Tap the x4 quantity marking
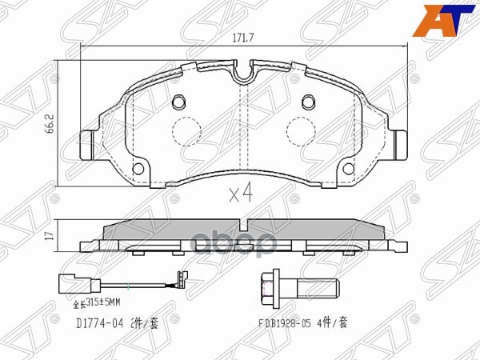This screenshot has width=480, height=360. point(240,193)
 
